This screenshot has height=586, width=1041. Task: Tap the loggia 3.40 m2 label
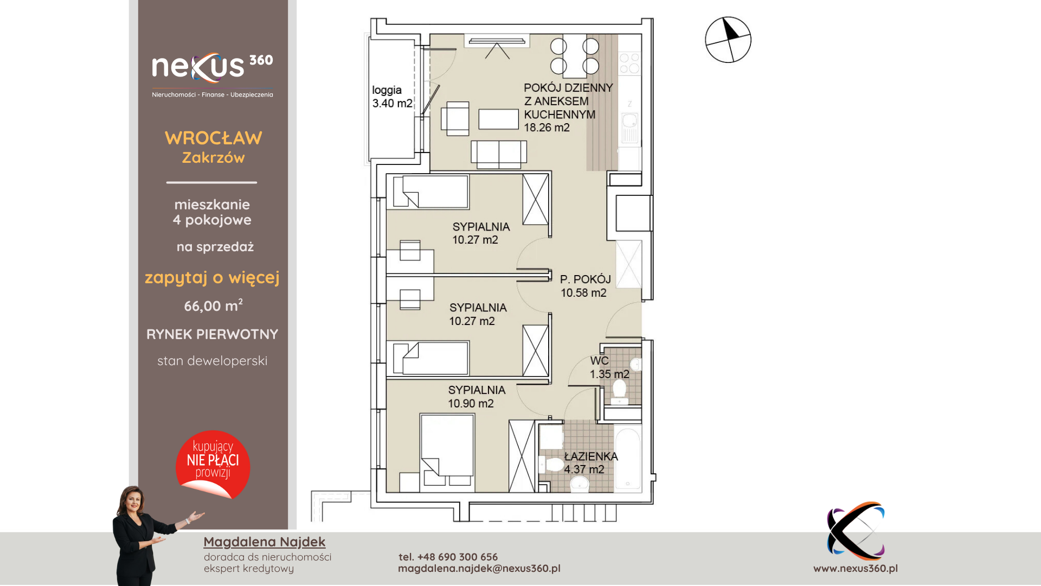coord(392,97)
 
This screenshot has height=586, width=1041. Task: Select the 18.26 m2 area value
coord(547,128)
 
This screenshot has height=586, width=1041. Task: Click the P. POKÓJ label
coord(586,279)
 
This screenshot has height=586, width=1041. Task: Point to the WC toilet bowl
coord(619,391)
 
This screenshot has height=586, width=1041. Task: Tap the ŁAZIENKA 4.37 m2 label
coord(590,463)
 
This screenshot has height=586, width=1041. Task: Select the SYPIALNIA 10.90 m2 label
coord(477,397)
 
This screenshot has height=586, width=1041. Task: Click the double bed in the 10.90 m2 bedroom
coord(447,453)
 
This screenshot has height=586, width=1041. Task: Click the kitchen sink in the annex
coord(629,128)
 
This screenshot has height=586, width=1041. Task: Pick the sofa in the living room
coord(499,154)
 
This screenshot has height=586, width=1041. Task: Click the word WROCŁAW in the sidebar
coord(214,138)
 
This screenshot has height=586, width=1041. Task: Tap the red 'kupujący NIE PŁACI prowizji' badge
coord(213,464)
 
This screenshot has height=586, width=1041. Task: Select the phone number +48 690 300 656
coord(458,557)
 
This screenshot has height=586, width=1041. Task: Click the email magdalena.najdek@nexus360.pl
coord(479,568)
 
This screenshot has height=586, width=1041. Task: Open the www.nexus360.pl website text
coord(856,568)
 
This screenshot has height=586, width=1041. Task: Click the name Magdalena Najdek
coord(265,542)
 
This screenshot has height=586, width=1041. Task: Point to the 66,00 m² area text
coord(213,305)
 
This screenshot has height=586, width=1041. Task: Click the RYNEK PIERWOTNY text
coord(213,334)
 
